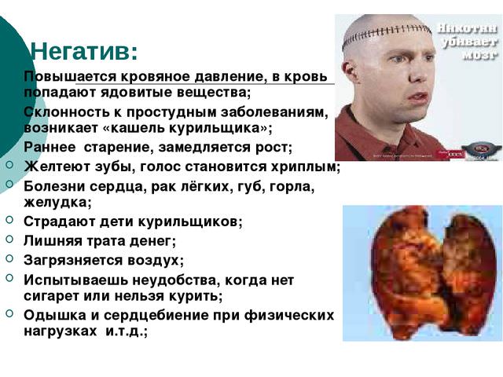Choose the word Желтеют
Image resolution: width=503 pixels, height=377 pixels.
point(54,166)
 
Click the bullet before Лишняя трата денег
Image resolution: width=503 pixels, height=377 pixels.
point(9,240)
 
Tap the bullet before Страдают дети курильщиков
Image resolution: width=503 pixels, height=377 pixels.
point(9,221)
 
